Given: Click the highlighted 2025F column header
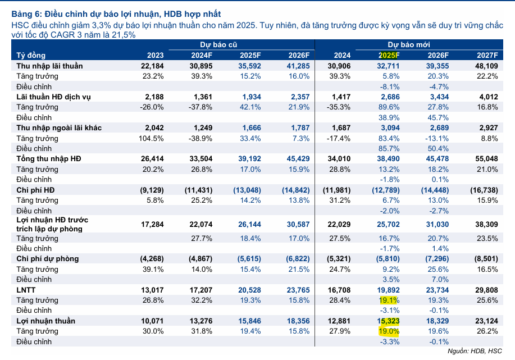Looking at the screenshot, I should point(389,55).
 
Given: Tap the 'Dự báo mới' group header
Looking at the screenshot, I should point(406,44).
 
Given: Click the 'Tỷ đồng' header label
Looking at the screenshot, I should point(31,55).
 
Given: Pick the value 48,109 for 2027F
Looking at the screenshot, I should point(487,66).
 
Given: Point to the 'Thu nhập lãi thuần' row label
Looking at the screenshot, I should point(49,66).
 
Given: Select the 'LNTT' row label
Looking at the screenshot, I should point(26,290).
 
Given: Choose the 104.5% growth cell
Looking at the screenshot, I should point(150,138).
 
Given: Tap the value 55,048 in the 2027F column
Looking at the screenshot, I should point(487,159).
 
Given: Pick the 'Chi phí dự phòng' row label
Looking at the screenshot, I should point(47,259).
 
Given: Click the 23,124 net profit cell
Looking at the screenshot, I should point(487,321).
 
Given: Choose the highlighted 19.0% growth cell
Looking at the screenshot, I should point(387,331).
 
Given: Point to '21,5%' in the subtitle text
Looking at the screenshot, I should point(122,34).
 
